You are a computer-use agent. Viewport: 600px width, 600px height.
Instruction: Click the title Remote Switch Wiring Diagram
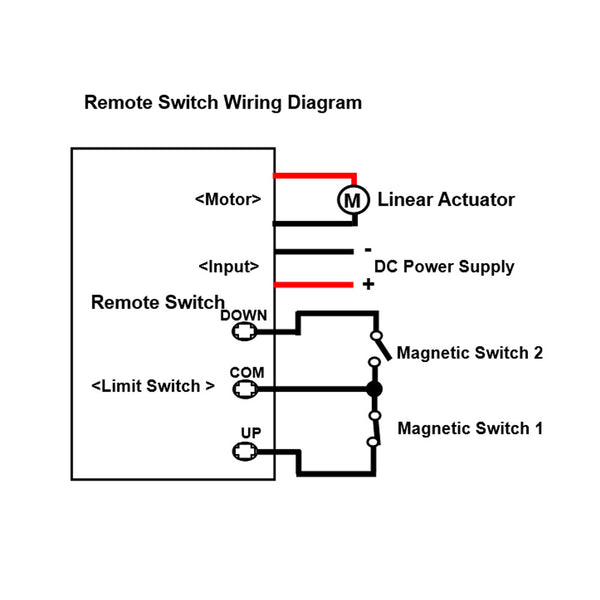[x=223, y=102]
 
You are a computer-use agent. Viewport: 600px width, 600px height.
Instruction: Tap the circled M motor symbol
[x=351, y=200]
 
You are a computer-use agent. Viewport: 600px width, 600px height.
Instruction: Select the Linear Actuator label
[x=446, y=200]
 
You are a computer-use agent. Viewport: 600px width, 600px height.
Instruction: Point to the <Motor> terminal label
[x=228, y=199]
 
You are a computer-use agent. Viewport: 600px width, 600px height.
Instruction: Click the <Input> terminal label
[x=229, y=267]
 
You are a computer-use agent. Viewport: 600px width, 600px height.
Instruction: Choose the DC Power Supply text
[x=444, y=267]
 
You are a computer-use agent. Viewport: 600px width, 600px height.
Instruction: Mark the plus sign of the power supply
[x=368, y=285]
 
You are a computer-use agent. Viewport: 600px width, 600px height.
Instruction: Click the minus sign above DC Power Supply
[x=368, y=250]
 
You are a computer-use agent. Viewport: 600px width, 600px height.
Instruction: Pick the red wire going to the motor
[x=314, y=175]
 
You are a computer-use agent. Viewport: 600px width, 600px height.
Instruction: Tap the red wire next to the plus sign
[x=314, y=285]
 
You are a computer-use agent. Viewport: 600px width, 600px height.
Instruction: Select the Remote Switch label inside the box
[x=158, y=302]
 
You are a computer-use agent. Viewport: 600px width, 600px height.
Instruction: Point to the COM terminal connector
[x=245, y=389]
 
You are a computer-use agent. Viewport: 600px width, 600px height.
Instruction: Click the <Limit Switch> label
[x=153, y=386]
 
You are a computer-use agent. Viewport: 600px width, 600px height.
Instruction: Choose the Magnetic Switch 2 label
[x=470, y=353]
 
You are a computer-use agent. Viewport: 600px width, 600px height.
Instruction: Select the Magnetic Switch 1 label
[x=470, y=428]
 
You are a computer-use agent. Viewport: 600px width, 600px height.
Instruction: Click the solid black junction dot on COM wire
[x=374, y=389]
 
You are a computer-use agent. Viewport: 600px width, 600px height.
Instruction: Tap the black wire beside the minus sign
[x=314, y=251]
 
